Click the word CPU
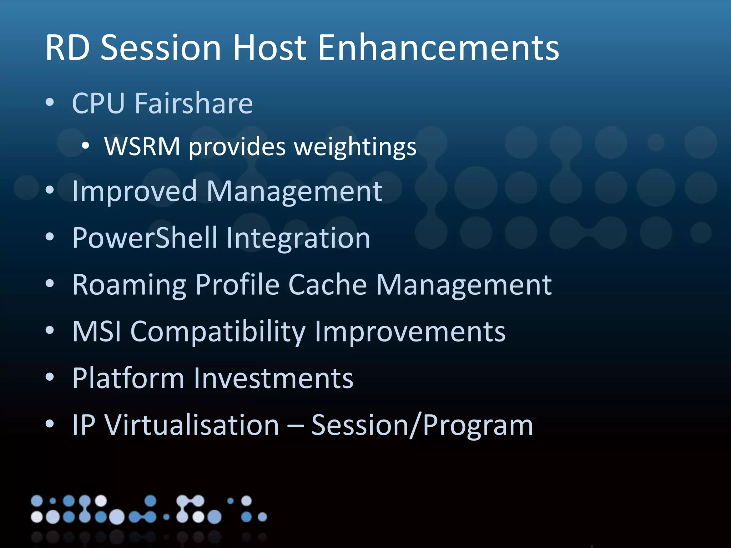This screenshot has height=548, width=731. [x=99, y=103]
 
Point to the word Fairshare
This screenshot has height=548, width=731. [x=194, y=103]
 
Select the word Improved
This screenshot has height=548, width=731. [x=135, y=192]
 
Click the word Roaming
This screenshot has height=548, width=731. [x=129, y=285]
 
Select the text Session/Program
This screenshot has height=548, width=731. [x=422, y=425]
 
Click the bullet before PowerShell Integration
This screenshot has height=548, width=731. [x=50, y=237]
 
